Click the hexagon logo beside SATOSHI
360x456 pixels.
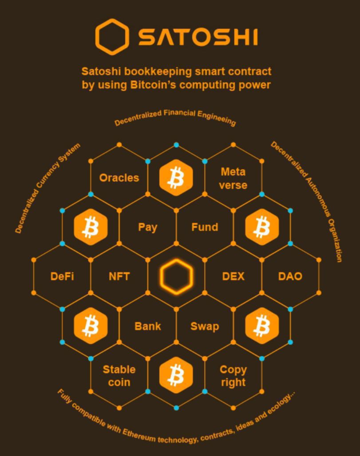tap(112, 36)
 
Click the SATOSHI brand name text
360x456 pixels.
tap(198, 37)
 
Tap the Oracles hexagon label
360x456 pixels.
tap(119, 178)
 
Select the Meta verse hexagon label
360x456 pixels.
tap(233, 178)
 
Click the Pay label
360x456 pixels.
tap(147, 227)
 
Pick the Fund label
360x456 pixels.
tap(205, 227)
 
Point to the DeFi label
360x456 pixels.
tap(62, 276)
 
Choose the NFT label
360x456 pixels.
tap(119, 276)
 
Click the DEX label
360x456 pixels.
tap(233, 276)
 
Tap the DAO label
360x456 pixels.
tap(290, 276)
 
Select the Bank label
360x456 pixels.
tap(147, 326)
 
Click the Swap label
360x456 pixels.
tap(205, 326)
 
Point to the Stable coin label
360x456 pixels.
tap(119, 375)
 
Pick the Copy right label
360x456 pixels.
tap(233, 375)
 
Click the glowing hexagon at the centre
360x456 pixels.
tap(176, 276)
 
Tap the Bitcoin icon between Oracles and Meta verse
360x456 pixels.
tap(176, 178)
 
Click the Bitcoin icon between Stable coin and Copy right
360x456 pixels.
tap(176, 375)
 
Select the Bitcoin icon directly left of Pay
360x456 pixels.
tap(91, 227)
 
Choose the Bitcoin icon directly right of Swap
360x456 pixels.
tap(262, 326)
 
